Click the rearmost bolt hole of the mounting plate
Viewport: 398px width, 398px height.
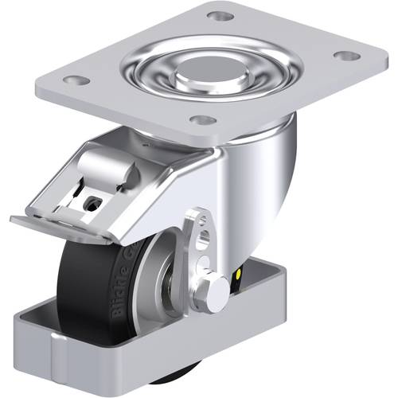[x=220, y=16]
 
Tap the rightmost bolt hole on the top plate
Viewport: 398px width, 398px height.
[x=345, y=56]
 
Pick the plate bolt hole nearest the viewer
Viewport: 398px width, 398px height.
[x=204, y=120]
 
